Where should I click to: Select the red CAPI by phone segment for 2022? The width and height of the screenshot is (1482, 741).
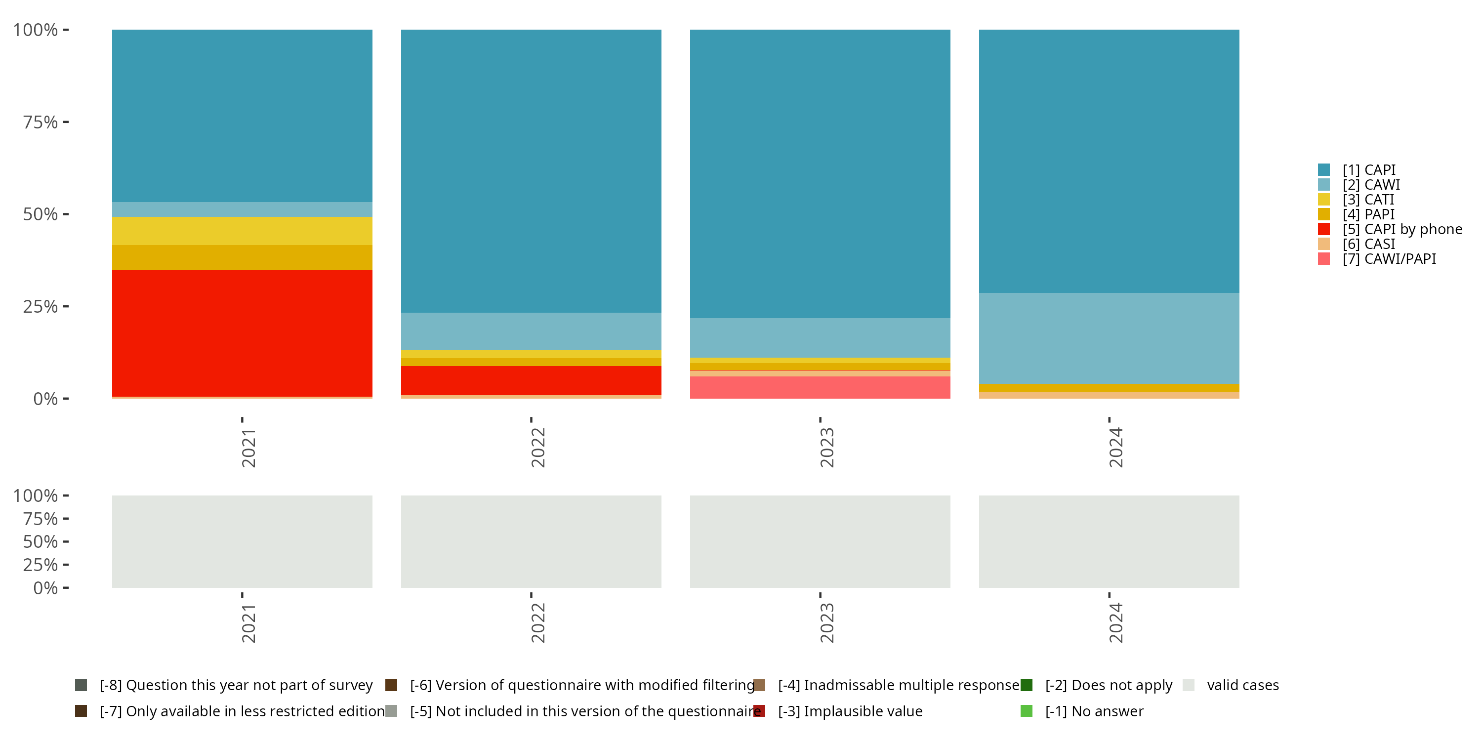pyautogui.click(x=531, y=380)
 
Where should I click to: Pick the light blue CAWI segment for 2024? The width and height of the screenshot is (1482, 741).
pyautogui.click(x=1109, y=338)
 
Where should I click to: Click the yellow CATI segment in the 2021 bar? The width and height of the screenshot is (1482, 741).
pyautogui.click(x=242, y=231)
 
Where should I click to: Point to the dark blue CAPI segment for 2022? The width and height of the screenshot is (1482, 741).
pyautogui.click(x=531, y=171)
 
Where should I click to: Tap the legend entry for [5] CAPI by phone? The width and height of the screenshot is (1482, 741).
pyautogui.click(x=1401, y=229)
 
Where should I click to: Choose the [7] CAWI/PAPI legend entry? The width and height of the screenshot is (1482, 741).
pyautogui.click(x=1388, y=259)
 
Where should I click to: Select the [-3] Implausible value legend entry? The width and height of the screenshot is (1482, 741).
pyautogui.click(x=849, y=711)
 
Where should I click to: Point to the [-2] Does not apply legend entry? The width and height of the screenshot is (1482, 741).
pyautogui.click(x=1108, y=685)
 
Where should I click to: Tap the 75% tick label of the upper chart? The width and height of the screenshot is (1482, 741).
pyautogui.click(x=41, y=122)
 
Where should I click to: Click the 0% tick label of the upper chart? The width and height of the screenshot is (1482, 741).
pyautogui.click(x=45, y=399)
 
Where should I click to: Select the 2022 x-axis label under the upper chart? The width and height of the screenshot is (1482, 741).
pyautogui.click(x=537, y=447)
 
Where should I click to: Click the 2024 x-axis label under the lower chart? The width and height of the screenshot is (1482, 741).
pyautogui.click(x=1115, y=622)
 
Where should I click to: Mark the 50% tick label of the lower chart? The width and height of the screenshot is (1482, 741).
pyautogui.click(x=41, y=541)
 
